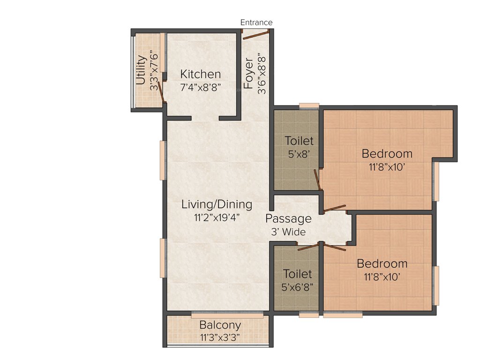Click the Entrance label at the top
tap(256, 22)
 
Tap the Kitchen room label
tap(200, 74)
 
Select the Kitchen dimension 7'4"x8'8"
tap(200, 87)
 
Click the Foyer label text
tap(248, 74)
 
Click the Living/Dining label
tap(217, 204)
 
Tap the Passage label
tap(288, 219)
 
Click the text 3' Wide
tap(288, 232)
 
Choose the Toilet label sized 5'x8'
tap(299, 141)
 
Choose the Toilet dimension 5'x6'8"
tap(297, 285)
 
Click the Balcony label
tap(220, 325)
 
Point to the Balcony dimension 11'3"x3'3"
tap(220, 337)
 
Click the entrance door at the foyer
tap(255, 32)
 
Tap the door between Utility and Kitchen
tap(161, 92)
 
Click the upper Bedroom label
tap(387, 153)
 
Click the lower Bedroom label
tap(382, 263)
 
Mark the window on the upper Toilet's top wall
tap(309, 105)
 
